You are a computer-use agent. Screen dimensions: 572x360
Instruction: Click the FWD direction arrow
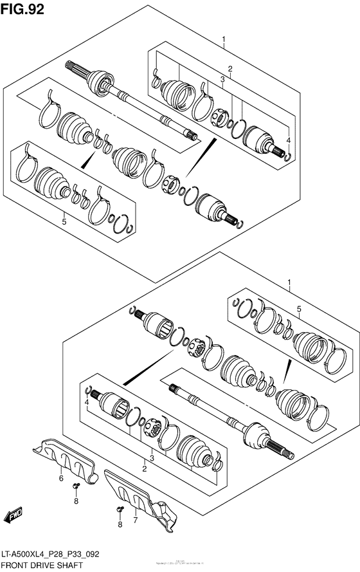point(14,515)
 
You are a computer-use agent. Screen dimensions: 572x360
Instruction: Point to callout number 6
point(61,478)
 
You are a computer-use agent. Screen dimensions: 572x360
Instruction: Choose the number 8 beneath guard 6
point(75,501)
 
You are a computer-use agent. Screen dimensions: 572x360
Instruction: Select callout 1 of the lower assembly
point(289,282)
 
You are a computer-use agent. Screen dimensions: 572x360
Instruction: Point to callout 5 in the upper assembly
point(64,222)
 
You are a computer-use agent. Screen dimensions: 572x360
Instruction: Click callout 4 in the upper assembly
point(289,140)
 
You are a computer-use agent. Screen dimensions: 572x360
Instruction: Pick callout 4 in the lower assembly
point(85,403)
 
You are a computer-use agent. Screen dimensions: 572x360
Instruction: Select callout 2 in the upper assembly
point(229,69)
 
